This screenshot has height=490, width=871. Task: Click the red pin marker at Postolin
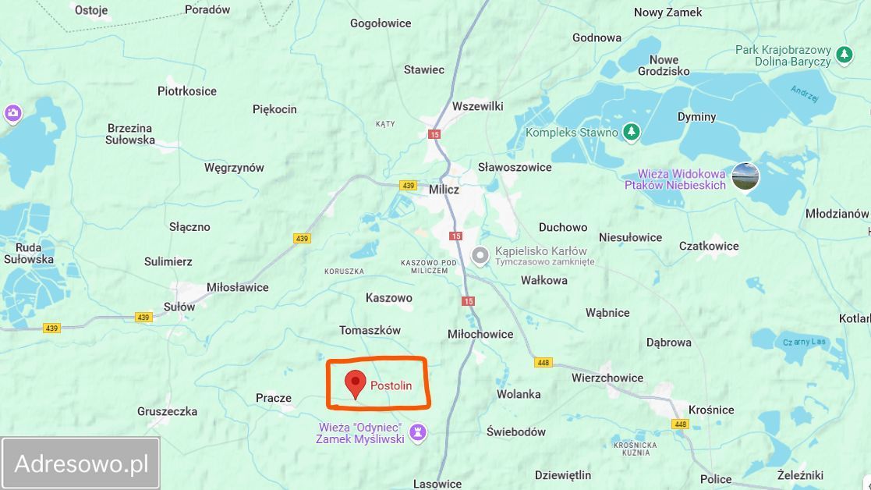[x=356, y=383]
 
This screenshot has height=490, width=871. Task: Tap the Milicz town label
[x=444, y=190]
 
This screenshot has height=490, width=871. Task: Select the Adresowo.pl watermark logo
[x=81, y=463]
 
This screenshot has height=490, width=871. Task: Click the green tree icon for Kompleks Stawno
[x=632, y=133]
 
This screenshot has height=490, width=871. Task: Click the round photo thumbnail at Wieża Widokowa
[x=745, y=177]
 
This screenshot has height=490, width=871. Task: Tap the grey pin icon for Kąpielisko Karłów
[x=481, y=254]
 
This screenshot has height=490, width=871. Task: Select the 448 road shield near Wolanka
[x=543, y=363]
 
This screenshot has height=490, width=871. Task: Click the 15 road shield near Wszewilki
[x=434, y=134]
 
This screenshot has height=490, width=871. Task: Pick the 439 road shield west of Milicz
[x=408, y=186]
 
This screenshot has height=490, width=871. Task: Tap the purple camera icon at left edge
[x=12, y=114]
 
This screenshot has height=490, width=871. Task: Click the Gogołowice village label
[x=381, y=23]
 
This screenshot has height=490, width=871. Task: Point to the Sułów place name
[x=179, y=307]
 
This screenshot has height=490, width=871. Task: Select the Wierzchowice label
[x=607, y=378]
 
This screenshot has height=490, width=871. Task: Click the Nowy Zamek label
[x=667, y=12]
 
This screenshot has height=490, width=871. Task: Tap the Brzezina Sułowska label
[x=130, y=134]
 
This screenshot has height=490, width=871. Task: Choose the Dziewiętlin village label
[x=563, y=474]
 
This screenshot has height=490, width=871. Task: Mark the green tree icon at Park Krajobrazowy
[x=844, y=55]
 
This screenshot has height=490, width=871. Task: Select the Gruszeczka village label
[x=167, y=411]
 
